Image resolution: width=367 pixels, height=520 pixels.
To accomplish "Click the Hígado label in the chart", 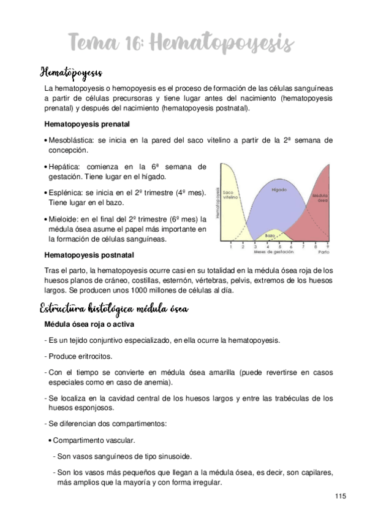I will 279,189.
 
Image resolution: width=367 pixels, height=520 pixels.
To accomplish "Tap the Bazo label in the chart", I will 270,235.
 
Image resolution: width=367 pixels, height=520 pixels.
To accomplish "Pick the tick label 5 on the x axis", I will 281,247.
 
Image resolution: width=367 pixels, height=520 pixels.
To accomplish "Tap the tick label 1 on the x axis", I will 230,247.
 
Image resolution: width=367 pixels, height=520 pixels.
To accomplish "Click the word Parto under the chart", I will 323,251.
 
